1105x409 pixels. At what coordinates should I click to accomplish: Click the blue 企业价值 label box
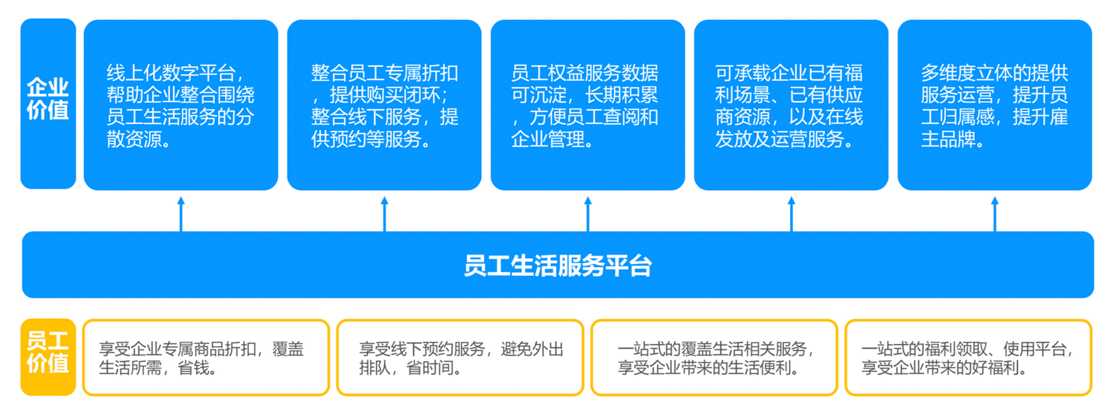[x=48, y=104]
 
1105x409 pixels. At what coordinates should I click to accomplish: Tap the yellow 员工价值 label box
[x=48, y=357]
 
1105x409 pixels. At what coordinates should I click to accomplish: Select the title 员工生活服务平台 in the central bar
[x=558, y=266]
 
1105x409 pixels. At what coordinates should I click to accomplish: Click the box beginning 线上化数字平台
[x=181, y=105]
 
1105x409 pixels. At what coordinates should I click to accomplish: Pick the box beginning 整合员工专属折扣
[x=384, y=105]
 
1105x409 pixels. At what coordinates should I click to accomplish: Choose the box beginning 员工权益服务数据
[x=587, y=105]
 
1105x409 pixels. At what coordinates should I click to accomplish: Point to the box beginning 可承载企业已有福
[x=791, y=105]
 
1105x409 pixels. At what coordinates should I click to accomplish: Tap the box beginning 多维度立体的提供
[x=994, y=105]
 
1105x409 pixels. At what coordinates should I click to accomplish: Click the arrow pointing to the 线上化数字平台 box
[x=181, y=214]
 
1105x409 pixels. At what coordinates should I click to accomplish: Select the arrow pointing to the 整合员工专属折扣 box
[x=384, y=214]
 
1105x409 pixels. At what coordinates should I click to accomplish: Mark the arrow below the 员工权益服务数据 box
[x=588, y=214]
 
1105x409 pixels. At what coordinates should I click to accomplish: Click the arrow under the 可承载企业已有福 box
[x=791, y=214]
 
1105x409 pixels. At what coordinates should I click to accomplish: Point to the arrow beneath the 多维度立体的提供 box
[x=995, y=214]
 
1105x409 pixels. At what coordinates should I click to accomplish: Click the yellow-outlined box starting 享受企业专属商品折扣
[x=206, y=358]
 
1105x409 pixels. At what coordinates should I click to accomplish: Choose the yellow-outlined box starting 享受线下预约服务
[x=460, y=358]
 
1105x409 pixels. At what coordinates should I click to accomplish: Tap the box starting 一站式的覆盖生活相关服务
[x=714, y=358]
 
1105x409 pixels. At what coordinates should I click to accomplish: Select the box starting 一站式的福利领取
[x=968, y=358]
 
